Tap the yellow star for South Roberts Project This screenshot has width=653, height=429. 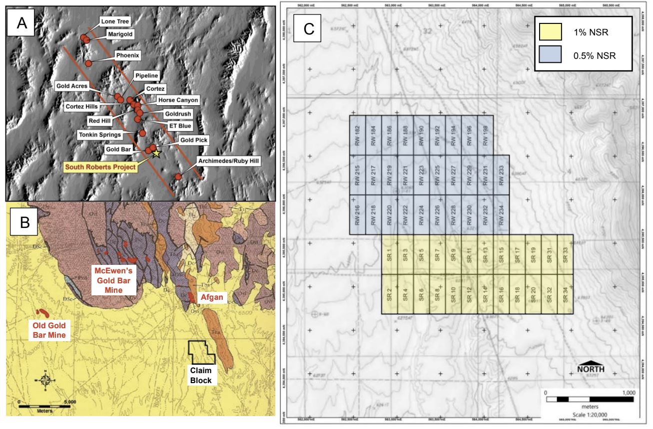click(x=156, y=153)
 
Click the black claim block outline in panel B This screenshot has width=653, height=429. click(x=202, y=352)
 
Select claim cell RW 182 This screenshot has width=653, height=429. click(x=358, y=135)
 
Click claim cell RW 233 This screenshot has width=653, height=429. click(x=501, y=175)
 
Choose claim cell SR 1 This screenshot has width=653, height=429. click(x=390, y=254)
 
